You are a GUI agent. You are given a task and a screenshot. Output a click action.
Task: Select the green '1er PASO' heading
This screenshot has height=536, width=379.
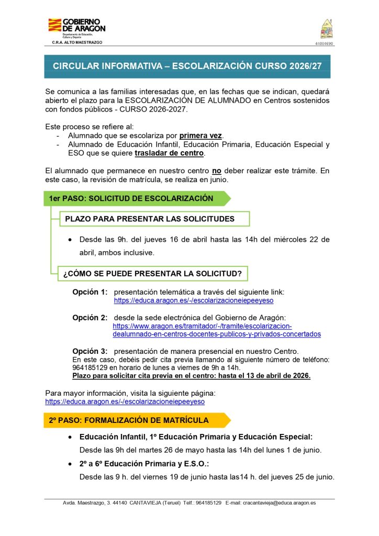coord(131,198)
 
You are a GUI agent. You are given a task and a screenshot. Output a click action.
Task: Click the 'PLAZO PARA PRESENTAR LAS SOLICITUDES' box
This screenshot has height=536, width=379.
coord(150,219)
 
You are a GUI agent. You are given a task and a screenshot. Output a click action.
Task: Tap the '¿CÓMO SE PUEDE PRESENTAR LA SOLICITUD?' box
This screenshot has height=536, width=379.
coord(152,273)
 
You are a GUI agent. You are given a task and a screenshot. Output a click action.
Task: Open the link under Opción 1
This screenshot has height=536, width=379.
coord(194,301)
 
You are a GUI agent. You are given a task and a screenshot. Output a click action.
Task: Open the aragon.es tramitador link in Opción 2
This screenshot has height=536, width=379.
coord(217,330)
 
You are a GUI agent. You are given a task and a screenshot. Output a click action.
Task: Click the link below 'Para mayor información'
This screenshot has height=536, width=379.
coord(125,401)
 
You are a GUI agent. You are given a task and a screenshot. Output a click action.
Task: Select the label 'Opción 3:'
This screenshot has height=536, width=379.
coord(90,351)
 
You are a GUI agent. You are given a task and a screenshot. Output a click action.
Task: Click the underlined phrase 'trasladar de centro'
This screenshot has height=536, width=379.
coord(169,153)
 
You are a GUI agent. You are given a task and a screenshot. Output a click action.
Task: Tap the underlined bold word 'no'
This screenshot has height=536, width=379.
coord(216,171)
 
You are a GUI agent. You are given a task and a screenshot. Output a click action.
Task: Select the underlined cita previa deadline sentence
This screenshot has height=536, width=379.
coord(191,376)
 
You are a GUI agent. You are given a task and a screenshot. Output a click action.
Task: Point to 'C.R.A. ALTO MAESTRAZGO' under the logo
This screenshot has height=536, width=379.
coord(77,42)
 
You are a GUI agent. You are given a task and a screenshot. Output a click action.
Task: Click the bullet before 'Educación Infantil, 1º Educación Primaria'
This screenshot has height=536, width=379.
coord(70,437)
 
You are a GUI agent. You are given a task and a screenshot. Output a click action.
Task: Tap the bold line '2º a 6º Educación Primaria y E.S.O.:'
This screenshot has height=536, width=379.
coord(144,464)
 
